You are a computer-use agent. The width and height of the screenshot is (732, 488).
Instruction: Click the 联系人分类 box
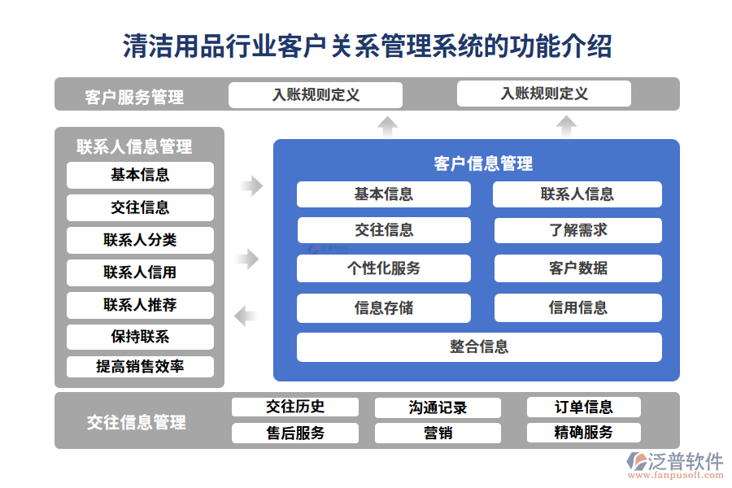[140, 240]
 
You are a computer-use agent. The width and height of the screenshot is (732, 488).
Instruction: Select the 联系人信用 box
[140, 272]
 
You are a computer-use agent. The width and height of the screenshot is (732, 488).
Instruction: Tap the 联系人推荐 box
[140, 305]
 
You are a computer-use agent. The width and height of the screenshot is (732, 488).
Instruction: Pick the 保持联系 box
[140, 337]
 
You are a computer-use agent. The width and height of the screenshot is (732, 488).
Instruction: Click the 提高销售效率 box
[140, 367]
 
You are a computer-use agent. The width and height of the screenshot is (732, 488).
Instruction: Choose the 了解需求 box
[577, 230]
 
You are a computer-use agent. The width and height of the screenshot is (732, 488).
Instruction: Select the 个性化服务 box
[383, 268]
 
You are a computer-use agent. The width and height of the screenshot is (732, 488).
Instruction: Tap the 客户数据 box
[577, 268]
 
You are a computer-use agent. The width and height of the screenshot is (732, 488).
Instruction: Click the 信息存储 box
[383, 308]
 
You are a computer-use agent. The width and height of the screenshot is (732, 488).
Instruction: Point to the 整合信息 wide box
[479, 347]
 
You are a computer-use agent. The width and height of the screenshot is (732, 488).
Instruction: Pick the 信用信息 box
[577, 308]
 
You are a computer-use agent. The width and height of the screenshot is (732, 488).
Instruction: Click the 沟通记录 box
[438, 407]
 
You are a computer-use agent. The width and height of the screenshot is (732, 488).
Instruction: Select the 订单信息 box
[583, 407]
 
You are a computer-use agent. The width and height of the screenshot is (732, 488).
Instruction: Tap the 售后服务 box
[295, 433]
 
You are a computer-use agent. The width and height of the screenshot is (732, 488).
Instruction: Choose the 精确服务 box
[583, 433]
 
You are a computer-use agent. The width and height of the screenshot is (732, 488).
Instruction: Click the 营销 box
[438, 433]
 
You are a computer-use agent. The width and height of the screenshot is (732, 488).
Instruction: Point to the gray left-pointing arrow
[246, 315]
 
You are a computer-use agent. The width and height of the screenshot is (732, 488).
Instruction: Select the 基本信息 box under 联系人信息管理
[140, 175]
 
